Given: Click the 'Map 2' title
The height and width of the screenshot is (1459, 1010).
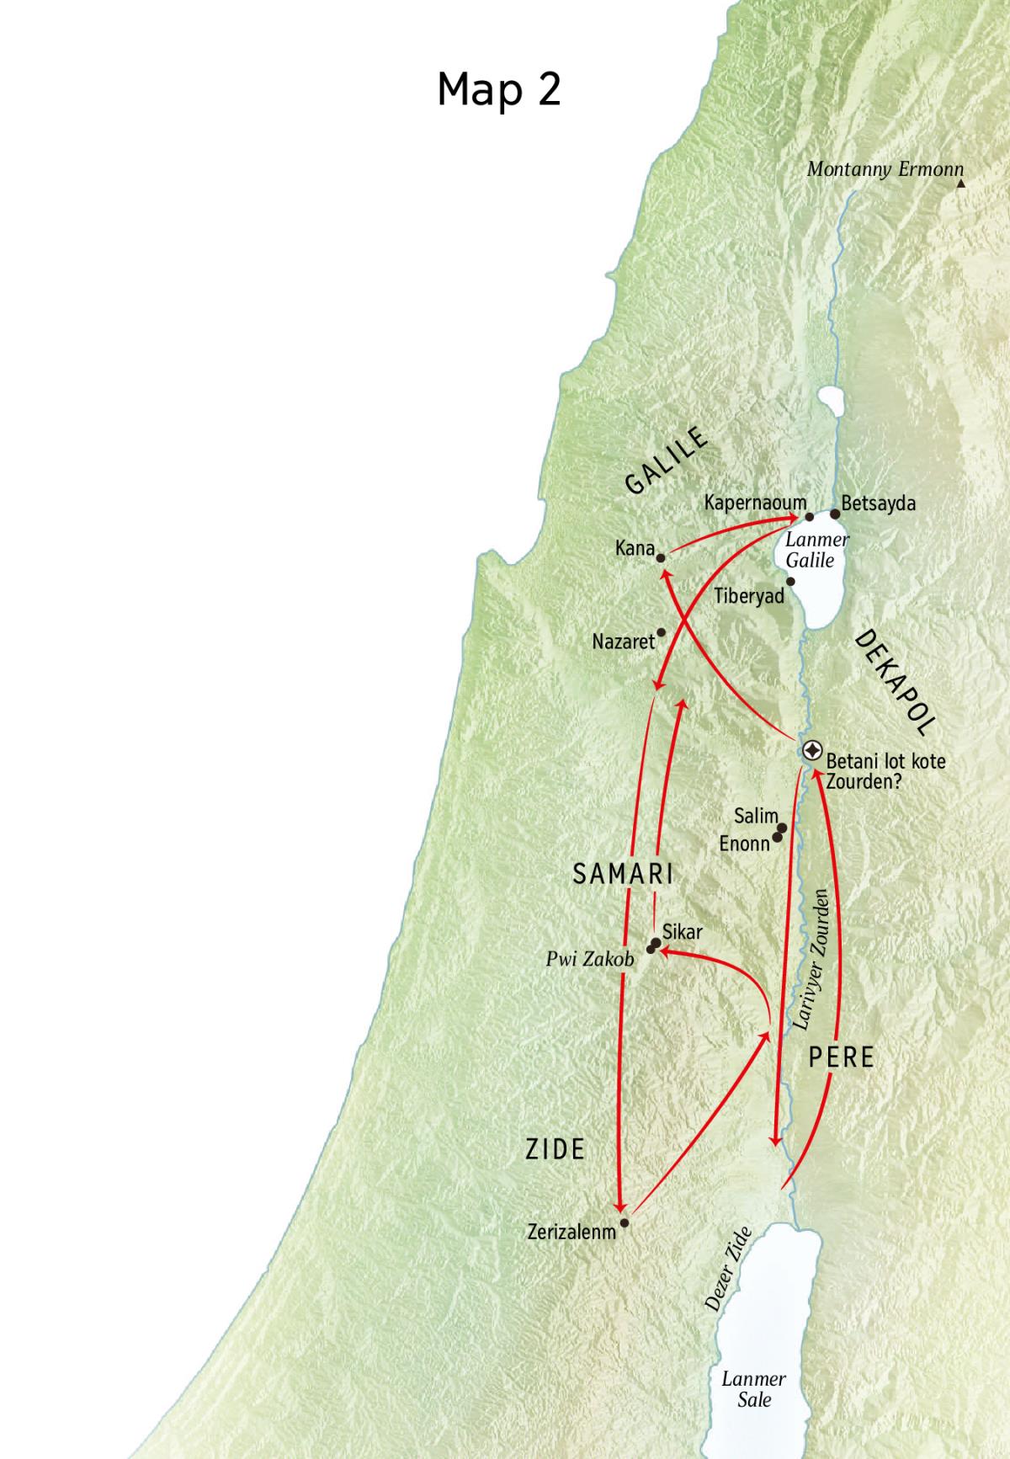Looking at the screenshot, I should pyautogui.click(x=498, y=88).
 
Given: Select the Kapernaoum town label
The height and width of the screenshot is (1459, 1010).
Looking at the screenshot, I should pyautogui.click(x=755, y=503).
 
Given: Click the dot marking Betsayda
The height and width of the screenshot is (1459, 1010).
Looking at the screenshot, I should pyautogui.click(x=835, y=514).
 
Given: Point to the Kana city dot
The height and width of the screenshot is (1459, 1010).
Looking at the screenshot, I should pyautogui.click(x=662, y=557).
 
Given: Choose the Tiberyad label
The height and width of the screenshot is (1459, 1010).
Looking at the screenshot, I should pyautogui.click(x=748, y=596).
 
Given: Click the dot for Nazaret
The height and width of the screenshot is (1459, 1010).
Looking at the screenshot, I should pyautogui.click(x=662, y=632).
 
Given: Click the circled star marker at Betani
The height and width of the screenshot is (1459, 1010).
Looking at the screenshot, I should pyautogui.click(x=812, y=750).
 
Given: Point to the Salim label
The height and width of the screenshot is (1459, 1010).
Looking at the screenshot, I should pyautogui.click(x=755, y=816).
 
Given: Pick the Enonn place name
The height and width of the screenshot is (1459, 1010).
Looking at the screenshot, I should pyautogui.click(x=744, y=843).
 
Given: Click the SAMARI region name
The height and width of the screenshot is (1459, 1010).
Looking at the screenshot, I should pyautogui.click(x=623, y=874).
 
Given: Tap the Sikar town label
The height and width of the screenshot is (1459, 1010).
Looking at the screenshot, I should pyautogui.click(x=682, y=932).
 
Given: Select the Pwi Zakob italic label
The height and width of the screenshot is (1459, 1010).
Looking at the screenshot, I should pyautogui.click(x=589, y=959).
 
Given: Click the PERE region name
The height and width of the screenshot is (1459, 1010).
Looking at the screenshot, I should pyautogui.click(x=841, y=1057).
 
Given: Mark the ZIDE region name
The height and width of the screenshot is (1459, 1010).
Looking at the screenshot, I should pyautogui.click(x=555, y=1149).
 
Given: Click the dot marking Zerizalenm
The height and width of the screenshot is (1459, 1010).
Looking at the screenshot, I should pyautogui.click(x=624, y=1222).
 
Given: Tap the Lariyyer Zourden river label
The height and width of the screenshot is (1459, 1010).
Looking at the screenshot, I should pyautogui.click(x=812, y=959).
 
